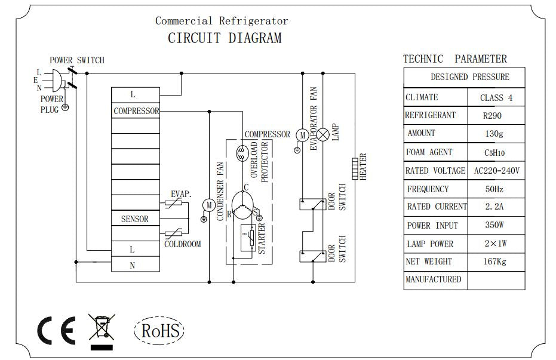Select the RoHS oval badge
tap(159, 330)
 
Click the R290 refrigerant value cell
tap(496, 116)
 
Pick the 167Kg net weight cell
tap(496, 261)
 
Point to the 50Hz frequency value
tap(496, 189)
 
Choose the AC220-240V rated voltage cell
tap(496, 171)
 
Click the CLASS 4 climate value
tap(496, 98)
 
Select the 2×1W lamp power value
tap(496, 244)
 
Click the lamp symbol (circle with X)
tap(323, 135)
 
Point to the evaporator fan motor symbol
tap(302, 135)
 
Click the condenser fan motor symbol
tap(209, 205)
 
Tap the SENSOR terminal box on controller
tap(135, 219)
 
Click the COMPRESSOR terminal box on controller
tap(136, 111)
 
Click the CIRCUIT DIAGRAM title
tap(224, 39)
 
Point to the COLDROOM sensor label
tap(183, 244)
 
